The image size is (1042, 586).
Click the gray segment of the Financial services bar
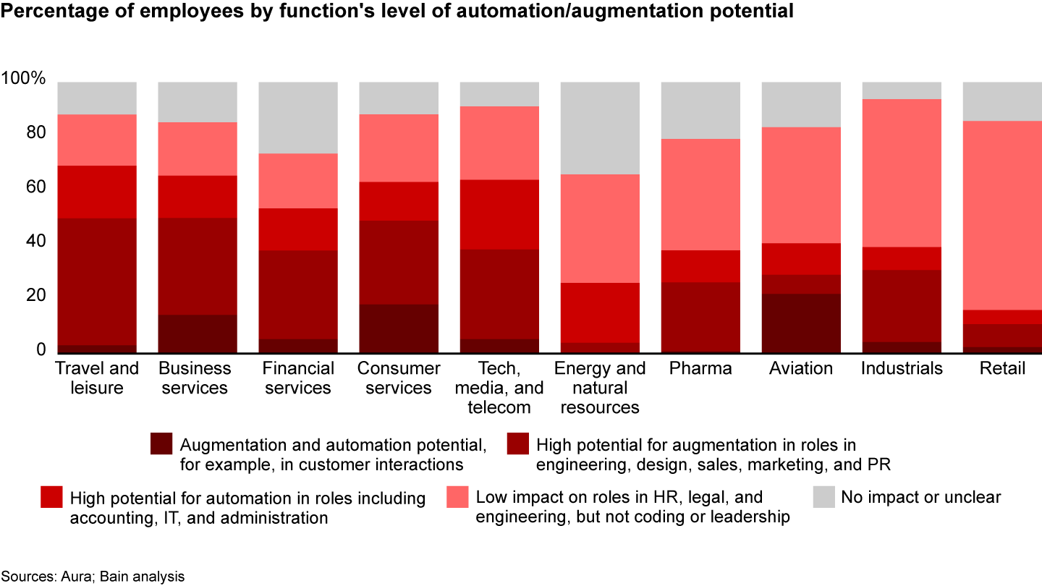coord(298,117)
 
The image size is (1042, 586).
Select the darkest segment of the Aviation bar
coord(801,323)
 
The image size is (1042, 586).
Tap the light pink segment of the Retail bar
coord(1001,215)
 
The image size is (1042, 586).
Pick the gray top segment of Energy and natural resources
coord(600,127)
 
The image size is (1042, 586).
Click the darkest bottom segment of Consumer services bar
coord(399,328)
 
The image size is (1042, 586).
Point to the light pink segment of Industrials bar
coord(901,173)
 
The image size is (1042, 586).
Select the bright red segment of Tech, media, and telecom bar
coord(499,214)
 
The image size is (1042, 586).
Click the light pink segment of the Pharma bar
coord(700,194)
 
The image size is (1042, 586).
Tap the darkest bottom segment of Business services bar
coord(198,334)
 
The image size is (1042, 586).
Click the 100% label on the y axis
coord(25,78)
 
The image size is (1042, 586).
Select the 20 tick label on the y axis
coord(34,295)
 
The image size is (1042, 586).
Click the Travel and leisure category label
coord(97,378)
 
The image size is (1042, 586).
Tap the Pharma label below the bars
coord(700,368)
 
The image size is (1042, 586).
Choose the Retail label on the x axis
coord(1002,368)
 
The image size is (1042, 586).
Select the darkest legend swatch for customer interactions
coord(161,443)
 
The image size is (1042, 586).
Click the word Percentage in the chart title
coord(47,12)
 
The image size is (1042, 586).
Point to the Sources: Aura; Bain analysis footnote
coord(93,577)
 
